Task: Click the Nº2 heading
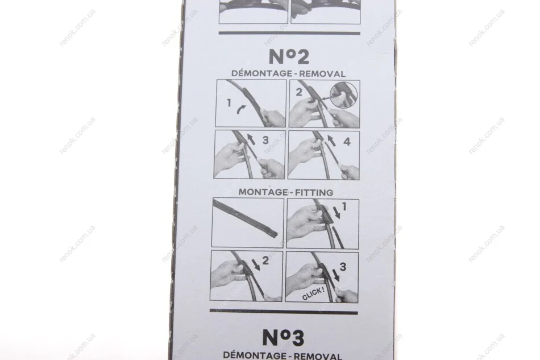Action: [x=289, y=57]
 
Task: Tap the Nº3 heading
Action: [x=284, y=337]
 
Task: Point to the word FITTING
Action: [x=314, y=192]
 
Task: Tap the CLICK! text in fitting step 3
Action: [x=313, y=293]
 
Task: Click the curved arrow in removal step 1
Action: [x=242, y=110]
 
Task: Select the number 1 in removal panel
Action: [x=229, y=103]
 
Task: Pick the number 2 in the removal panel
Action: [x=299, y=92]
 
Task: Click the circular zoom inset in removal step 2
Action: [x=344, y=96]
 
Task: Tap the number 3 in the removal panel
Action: [x=265, y=140]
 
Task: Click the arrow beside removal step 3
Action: [x=251, y=139]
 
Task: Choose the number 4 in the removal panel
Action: [x=347, y=141]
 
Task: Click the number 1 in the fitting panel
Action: [x=344, y=206]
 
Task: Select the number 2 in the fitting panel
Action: [x=265, y=260]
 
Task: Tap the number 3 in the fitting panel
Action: [x=343, y=267]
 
